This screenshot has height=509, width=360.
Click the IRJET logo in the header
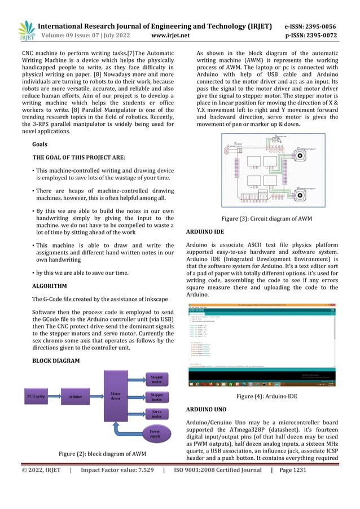click(26, 30)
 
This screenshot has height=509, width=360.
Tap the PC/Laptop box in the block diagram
click(36, 397)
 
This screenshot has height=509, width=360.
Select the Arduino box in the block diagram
click(74, 397)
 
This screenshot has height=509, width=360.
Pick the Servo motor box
click(155, 415)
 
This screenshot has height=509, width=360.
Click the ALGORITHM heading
click(50, 286)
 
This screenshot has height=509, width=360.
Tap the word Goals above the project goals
click(40, 144)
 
